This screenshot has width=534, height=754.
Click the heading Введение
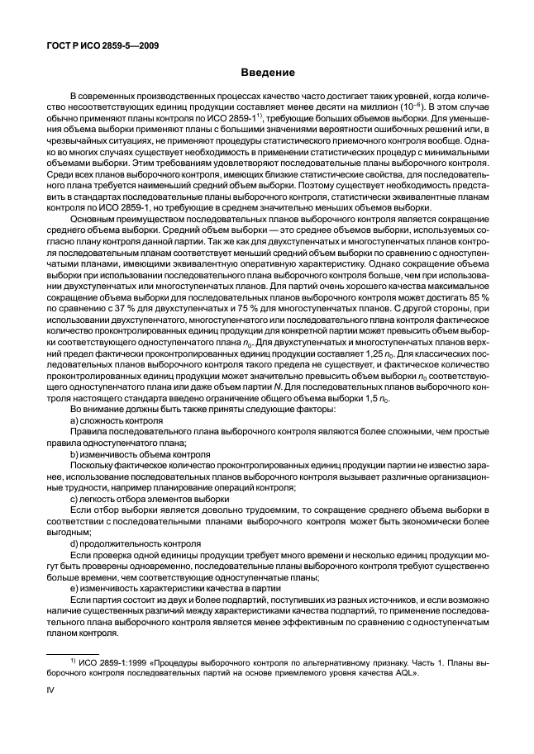[267, 74]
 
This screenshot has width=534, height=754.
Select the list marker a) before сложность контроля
[75, 420]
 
